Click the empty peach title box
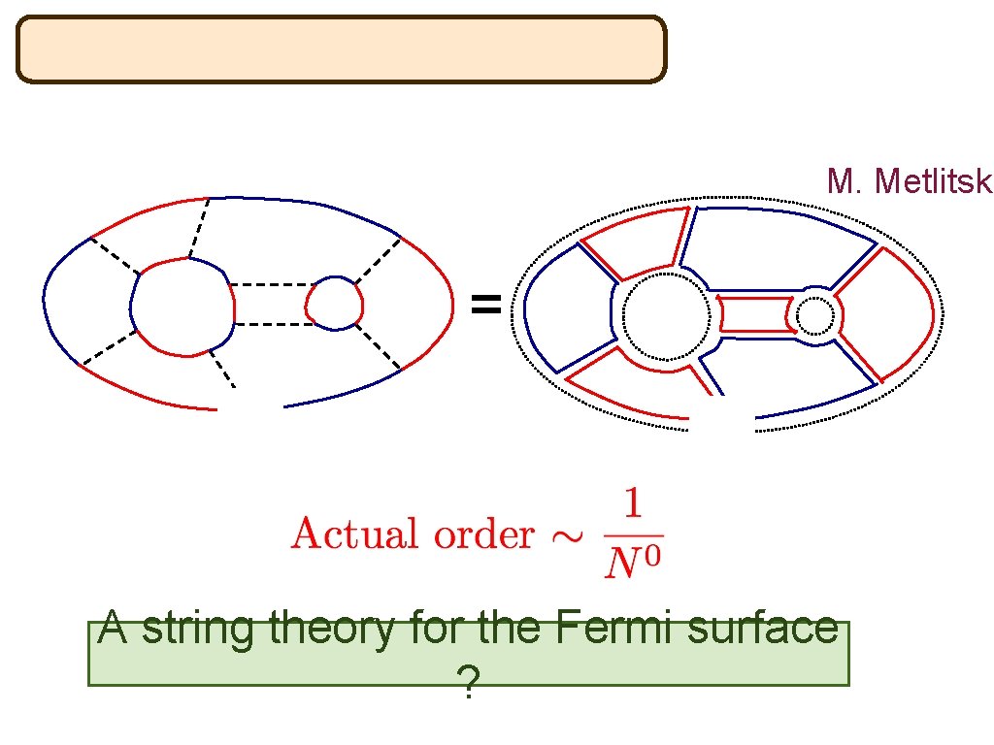point(341,49)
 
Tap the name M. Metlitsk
point(910,181)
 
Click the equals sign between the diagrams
point(485,307)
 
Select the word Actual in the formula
point(347,534)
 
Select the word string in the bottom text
point(201,629)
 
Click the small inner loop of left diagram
point(335,303)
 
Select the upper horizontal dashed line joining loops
point(270,284)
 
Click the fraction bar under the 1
point(632,534)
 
